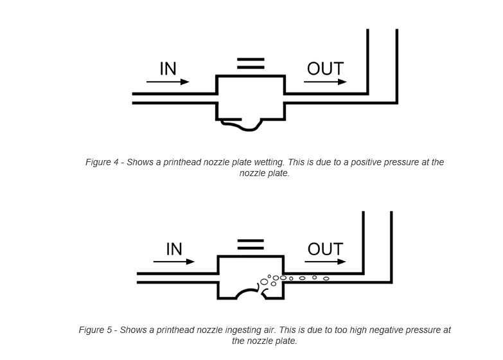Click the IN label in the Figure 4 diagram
(x=168, y=68)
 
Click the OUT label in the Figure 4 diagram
(x=325, y=68)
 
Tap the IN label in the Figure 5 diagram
(x=174, y=248)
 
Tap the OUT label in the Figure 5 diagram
(x=325, y=248)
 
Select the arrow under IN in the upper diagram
(x=168, y=82)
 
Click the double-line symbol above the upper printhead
(x=251, y=63)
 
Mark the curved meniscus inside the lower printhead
(x=247, y=293)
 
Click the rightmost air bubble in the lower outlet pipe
(x=326, y=278)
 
